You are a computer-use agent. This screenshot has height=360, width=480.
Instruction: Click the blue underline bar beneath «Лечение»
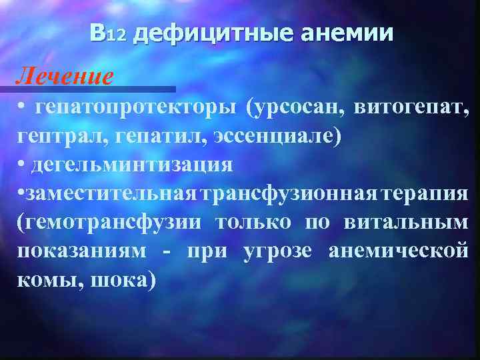point(93,89)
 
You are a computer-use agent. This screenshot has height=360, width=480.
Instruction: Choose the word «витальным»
point(407,222)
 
